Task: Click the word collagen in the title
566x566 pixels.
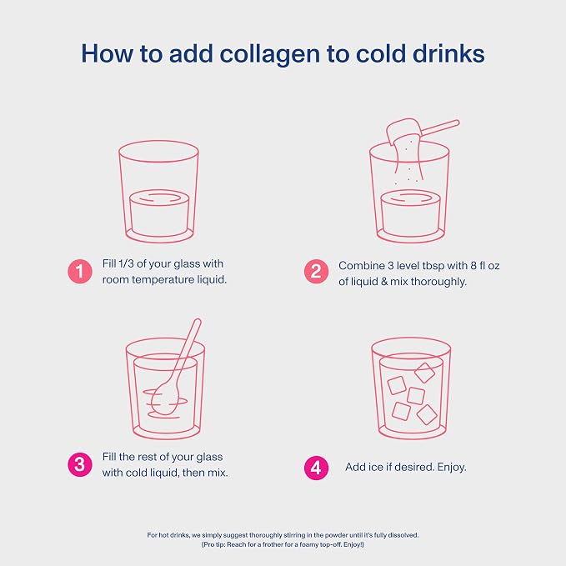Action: [x=270, y=54]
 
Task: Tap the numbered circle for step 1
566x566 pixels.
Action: [x=80, y=272]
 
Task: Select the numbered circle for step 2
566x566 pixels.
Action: [x=316, y=272]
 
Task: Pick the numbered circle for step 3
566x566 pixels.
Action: [x=80, y=464]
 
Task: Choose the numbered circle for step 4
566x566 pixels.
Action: [x=316, y=468]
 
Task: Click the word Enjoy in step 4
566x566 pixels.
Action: [x=450, y=467]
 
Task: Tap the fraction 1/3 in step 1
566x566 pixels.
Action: [x=126, y=263]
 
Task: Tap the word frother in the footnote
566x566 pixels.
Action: [x=273, y=544]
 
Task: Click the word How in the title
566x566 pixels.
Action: [x=107, y=54]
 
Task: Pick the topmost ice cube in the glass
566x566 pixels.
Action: [x=424, y=373]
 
